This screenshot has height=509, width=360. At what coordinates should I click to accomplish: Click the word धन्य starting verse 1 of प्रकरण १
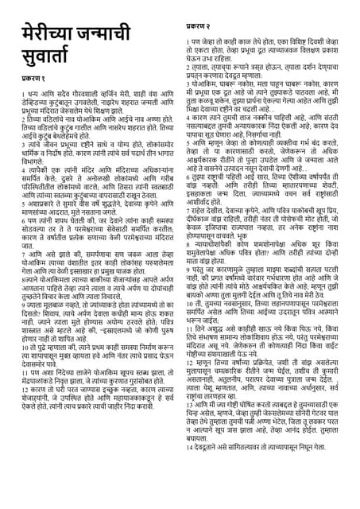(x=25, y=114)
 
